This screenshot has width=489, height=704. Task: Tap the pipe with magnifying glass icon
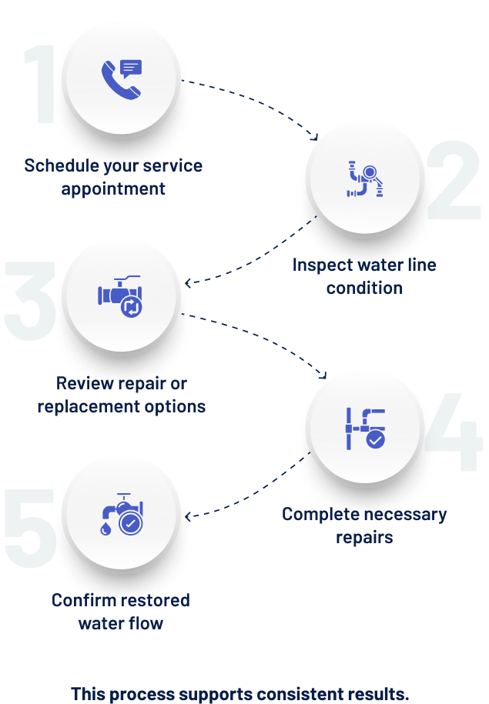click(365, 179)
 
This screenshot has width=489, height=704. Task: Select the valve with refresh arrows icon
click(122, 297)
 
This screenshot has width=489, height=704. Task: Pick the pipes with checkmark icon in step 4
click(365, 428)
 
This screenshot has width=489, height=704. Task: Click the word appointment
click(113, 189)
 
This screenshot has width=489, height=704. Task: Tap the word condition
click(364, 289)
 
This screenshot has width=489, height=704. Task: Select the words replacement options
click(122, 406)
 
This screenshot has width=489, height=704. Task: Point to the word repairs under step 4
click(364, 537)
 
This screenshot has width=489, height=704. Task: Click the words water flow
click(121, 622)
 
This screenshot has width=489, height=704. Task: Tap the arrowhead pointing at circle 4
click(323, 376)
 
